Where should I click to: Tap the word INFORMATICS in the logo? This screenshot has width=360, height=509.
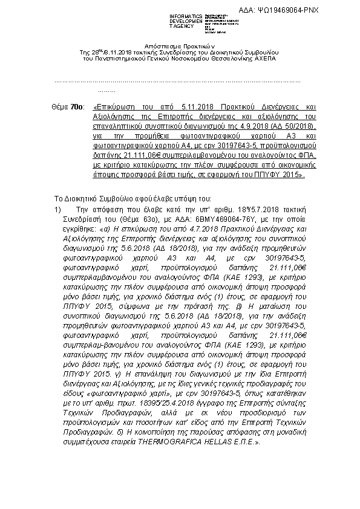pyautogui.click(x=183, y=13)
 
